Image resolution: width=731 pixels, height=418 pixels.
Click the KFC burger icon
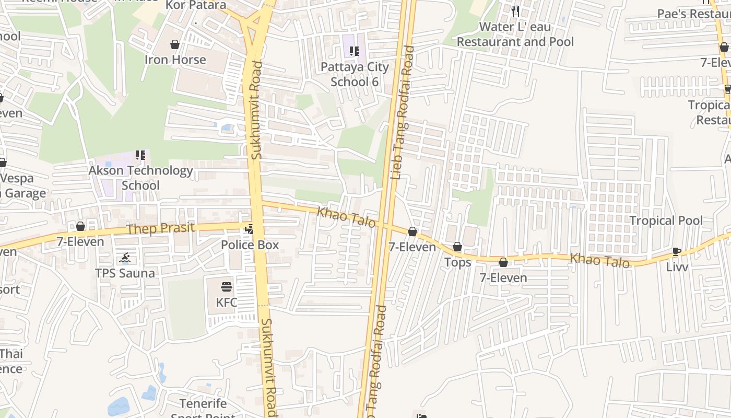226,286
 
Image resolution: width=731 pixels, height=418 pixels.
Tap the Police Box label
250,245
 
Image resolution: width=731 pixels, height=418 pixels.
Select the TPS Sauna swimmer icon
125,258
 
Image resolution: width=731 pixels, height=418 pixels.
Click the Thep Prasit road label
161,228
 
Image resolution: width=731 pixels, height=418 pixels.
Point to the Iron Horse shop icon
175,44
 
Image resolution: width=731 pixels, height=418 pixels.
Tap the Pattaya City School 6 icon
355,51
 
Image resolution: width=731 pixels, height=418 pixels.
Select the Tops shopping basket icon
457,247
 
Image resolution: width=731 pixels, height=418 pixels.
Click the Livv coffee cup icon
677,251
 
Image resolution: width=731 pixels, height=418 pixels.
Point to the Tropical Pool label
666,220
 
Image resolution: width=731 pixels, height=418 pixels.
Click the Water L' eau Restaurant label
515,34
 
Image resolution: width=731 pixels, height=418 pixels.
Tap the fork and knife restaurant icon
515,10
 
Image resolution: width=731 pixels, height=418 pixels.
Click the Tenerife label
203,404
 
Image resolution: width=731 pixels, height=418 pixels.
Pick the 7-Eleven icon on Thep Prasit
80,226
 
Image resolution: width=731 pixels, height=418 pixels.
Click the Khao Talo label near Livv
599,260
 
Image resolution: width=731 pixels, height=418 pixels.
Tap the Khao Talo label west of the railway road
346,217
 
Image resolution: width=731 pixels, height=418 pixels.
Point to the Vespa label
17,178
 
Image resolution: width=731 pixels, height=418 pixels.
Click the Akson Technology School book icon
140,155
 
